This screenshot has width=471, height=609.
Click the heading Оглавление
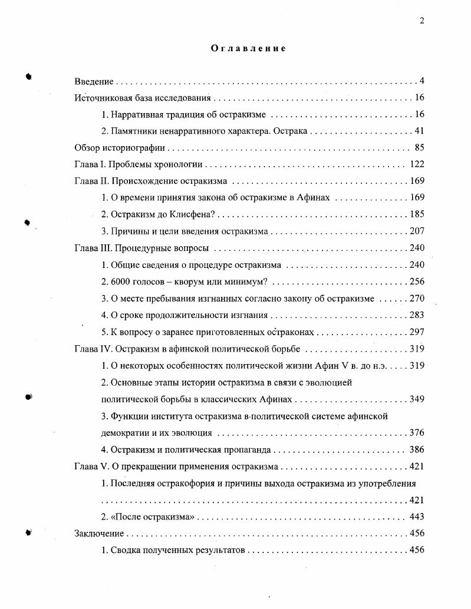point(248,48)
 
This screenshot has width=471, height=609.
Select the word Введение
point(94,81)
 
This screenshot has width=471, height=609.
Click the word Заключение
point(99,534)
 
